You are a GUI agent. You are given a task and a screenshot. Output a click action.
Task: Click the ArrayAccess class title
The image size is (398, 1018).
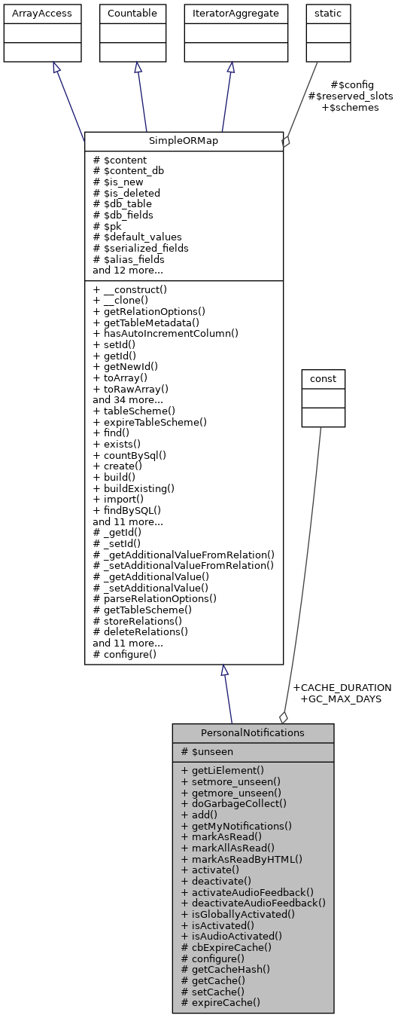41,14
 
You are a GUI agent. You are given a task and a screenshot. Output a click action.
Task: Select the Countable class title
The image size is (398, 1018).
133,14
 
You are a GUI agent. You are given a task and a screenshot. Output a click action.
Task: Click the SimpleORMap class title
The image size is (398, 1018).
184,142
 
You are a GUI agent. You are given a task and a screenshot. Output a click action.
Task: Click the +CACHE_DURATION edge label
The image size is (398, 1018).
342,687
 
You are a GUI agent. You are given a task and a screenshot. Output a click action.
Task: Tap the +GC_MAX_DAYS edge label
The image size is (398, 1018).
340,699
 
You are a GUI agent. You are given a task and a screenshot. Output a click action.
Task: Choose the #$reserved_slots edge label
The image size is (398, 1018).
350,96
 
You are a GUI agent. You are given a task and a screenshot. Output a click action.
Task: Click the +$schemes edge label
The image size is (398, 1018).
350,107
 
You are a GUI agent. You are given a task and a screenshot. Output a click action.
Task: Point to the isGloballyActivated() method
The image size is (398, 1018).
238,914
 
